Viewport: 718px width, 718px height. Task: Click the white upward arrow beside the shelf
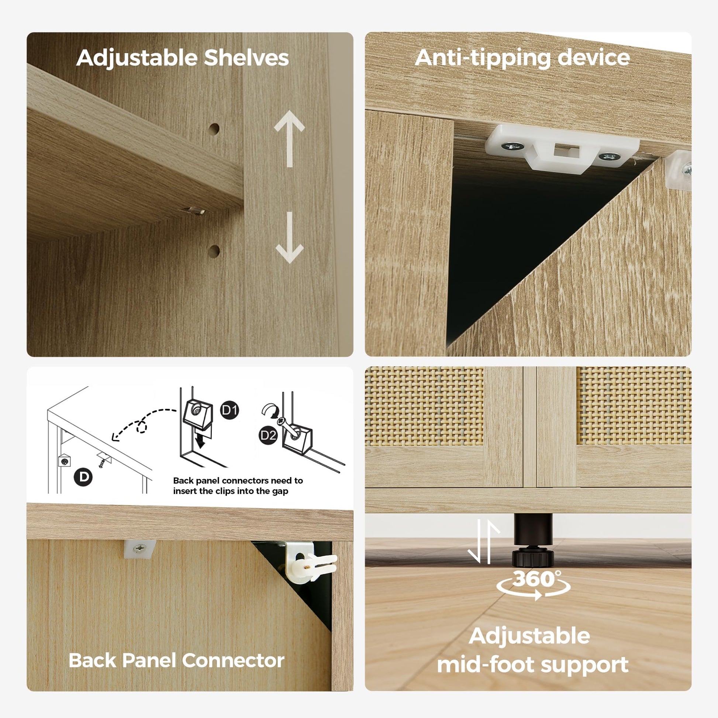(290, 138)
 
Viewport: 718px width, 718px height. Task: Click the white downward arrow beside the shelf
(290, 238)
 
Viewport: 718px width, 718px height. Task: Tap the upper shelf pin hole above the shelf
(214, 129)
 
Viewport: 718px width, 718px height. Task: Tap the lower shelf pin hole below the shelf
(214, 251)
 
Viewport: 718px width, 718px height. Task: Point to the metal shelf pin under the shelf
(194, 211)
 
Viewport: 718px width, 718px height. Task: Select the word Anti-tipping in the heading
(482, 58)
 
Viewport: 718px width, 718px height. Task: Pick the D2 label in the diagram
(268, 435)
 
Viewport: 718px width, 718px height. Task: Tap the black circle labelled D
(84, 477)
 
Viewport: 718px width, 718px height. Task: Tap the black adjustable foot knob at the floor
(533, 558)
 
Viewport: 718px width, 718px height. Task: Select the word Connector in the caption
(233, 660)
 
